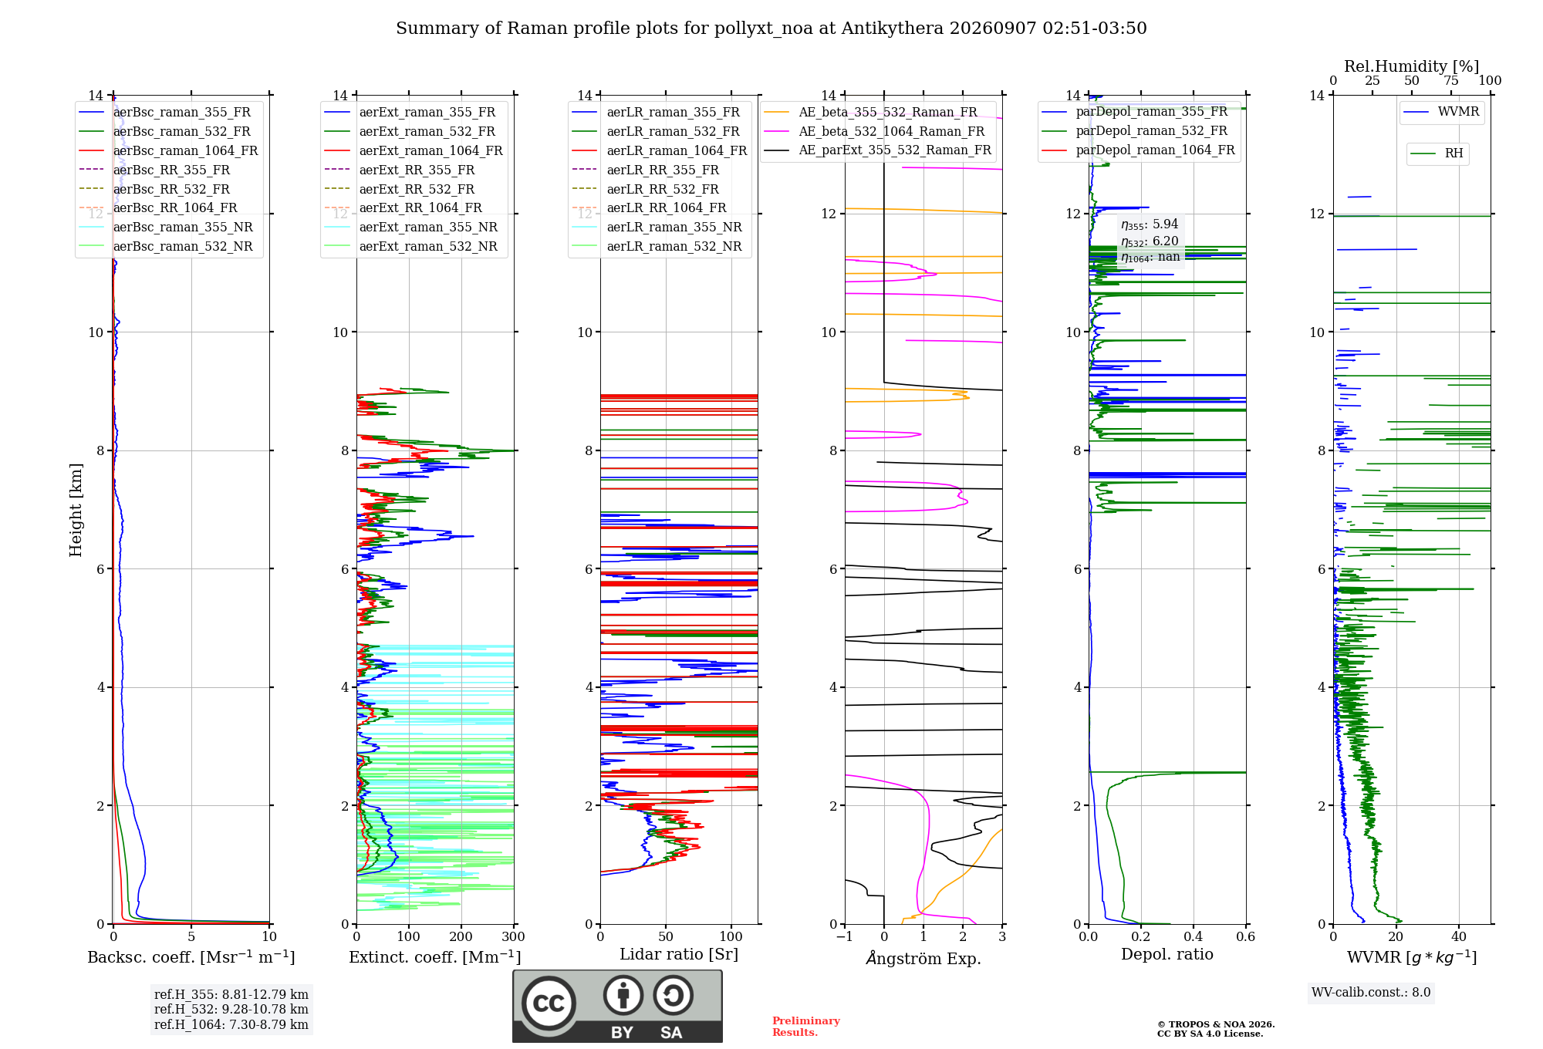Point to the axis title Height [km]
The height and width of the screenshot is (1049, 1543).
click(76, 509)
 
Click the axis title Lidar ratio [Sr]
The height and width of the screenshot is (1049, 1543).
click(679, 954)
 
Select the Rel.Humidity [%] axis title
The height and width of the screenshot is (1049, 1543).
click(1412, 66)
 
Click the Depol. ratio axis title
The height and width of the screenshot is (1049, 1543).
click(1167, 954)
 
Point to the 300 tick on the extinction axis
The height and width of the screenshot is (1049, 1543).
click(513, 936)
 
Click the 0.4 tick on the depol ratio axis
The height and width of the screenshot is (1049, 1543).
click(1193, 936)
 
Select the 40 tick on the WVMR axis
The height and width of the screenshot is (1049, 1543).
click(1459, 936)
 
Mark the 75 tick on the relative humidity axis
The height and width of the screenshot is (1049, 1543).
click(1451, 80)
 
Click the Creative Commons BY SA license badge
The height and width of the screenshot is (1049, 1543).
click(617, 1006)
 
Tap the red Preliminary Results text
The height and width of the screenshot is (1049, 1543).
click(806, 1027)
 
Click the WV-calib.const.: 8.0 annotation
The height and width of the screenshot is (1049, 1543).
click(1371, 993)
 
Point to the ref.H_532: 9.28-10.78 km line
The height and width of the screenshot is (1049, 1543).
click(231, 1009)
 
